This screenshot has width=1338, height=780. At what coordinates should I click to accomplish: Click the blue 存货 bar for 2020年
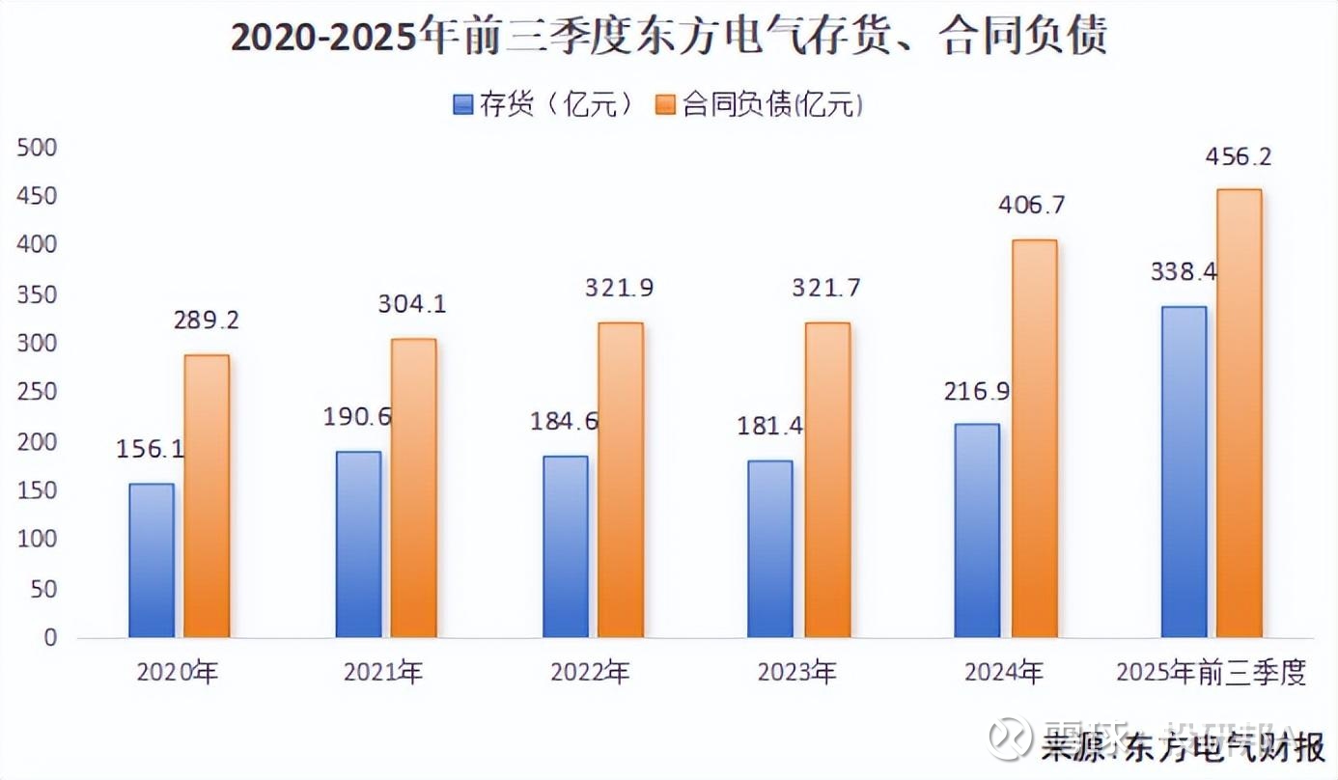click(x=153, y=560)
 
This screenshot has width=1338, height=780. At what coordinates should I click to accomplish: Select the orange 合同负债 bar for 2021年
click(x=413, y=487)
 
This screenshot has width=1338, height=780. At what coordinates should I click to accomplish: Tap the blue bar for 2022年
click(x=566, y=546)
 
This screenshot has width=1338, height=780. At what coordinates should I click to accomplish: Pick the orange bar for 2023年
click(x=827, y=480)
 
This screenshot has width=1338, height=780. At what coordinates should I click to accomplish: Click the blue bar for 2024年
click(x=977, y=530)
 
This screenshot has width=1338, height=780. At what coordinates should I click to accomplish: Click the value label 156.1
click(x=150, y=449)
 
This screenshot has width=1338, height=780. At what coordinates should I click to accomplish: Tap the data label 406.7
click(x=1032, y=205)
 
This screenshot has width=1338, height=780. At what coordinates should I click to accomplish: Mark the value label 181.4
click(x=770, y=426)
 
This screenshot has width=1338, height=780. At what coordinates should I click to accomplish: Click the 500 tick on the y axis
click(x=37, y=148)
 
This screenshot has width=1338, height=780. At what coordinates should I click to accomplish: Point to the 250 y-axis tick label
click(x=37, y=393)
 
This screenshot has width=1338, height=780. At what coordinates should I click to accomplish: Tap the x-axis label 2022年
click(x=590, y=673)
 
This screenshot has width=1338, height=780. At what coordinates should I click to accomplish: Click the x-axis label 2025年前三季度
click(x=1211, y=673)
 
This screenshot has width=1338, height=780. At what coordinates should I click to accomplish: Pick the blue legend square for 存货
click(x=462, y=104)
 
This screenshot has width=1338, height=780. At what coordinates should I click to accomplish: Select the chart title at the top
click(x=668, y=37)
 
